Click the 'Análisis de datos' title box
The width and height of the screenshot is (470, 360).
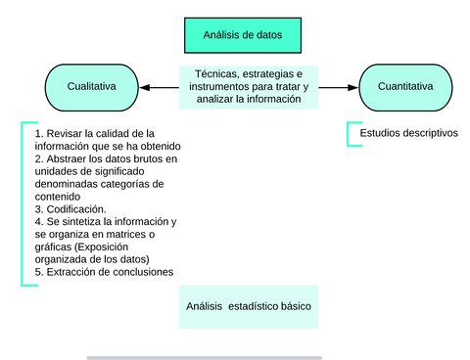click(x=242, y=35)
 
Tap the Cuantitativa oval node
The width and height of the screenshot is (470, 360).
click(x=405, y=87)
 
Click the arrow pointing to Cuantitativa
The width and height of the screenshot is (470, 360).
click(x=337, y=88)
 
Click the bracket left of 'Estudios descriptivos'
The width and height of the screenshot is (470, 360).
click(x=351, y=134)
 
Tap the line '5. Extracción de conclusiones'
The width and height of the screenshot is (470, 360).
click(x=103, y=273)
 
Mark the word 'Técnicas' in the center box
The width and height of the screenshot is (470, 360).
click(x=214, y=74)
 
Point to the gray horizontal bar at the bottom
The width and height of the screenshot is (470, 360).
click(x=204, y=357)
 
